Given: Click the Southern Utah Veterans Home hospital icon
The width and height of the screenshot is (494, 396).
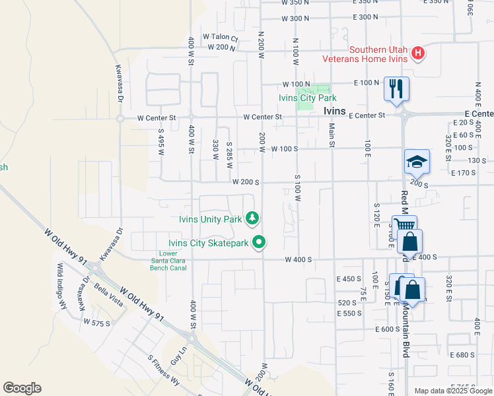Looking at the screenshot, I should point(417,53).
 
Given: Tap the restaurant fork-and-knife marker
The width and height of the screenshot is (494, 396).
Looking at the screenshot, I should point(396,88).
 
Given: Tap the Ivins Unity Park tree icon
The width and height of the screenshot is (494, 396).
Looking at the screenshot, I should point(252,218).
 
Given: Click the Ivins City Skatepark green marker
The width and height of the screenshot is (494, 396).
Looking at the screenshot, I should point(260,243).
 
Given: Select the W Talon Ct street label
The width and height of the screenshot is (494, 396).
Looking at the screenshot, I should point(220,36).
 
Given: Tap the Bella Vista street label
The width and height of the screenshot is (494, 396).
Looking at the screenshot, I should point(109,290).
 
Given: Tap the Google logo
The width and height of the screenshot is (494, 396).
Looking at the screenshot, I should point(22,388).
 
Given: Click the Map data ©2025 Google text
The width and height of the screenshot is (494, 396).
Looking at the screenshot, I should point(453,391).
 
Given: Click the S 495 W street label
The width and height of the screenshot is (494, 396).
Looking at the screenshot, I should point(160,141).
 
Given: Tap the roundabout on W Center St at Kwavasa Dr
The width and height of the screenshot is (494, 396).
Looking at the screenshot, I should point(120,119).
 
